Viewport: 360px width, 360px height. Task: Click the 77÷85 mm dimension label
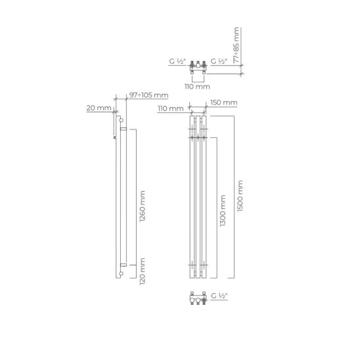236,45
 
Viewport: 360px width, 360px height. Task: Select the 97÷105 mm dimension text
148,95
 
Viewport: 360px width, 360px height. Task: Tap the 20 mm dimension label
99,108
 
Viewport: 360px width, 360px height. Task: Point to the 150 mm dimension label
224,102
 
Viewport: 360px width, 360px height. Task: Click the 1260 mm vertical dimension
143,206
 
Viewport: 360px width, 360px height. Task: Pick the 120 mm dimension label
143,271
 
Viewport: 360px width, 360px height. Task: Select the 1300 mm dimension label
223,211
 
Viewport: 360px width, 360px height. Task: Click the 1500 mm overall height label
240,196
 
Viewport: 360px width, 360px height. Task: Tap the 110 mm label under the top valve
197,87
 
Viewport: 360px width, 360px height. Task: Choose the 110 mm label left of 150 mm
171,108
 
